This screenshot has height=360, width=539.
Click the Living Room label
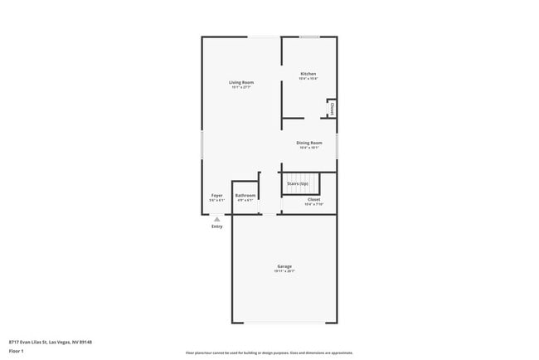pos(241,82)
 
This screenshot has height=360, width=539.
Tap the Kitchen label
pos(308,74)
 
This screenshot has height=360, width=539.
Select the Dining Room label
pos(309,143)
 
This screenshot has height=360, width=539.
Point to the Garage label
pos(284,266)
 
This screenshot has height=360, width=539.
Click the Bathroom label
pos(245,196)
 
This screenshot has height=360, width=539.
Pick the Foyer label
pos(216,196)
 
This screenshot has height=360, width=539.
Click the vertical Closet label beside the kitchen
pos(332,108)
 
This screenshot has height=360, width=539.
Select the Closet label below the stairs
pos(313,199)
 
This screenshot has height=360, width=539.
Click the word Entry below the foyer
pos(216,226)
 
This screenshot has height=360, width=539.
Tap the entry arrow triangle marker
pos(216,219)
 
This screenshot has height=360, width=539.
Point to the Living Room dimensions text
pos(241,87)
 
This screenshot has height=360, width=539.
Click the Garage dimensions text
pos(284,271)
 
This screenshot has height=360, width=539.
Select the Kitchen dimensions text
pos(308,79)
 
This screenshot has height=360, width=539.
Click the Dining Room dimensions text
pos(309,148)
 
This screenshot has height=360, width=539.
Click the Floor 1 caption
pos(17,351)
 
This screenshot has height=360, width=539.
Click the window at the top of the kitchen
pos(309,36)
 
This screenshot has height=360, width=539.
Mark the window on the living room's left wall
pos(202,145)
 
